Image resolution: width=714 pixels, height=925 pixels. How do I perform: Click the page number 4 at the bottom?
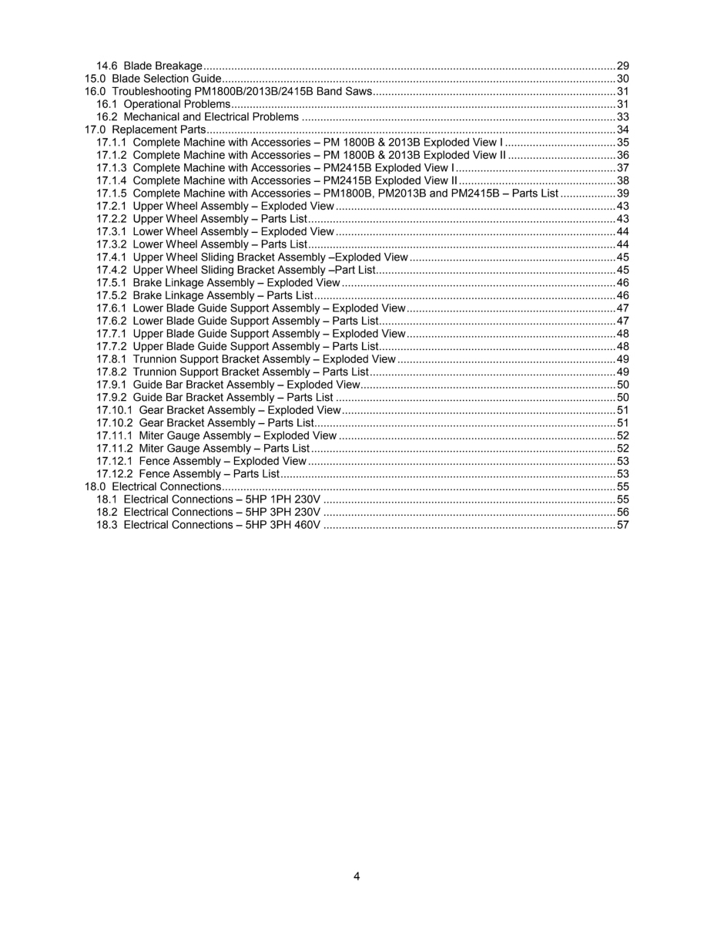pyautogui.click(x=357, y=876)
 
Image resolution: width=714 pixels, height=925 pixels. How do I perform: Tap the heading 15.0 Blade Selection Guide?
pyautogui.click(x=153, y=79)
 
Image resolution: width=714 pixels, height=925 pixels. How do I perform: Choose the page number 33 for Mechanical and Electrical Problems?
pyautogui.click(x=623, y=117)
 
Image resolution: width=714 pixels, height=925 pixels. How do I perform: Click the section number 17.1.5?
pyautogui.click(x=112, y=193)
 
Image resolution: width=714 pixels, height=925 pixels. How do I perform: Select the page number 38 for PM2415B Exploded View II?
pyautogui.click(x=623, y=180)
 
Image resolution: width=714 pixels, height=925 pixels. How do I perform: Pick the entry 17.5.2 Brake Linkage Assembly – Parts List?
pyautogui.click(x=204, y=295)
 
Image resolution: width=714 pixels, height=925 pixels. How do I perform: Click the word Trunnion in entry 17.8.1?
pyautogui.click(x=155, y=359)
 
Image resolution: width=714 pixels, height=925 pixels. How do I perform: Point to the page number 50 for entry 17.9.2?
pyautogui.click(x=623, y=397)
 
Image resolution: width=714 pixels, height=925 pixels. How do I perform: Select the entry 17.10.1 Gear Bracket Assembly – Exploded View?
pyautogui.click(x=219, y=410)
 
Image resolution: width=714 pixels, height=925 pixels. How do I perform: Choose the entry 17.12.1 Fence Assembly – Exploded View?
pyautogui.click(x=202, y=461)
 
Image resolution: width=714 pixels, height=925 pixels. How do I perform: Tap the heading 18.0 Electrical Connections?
pyautogui.click(x=153, y=486)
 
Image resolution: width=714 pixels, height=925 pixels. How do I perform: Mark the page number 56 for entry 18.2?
pyautogui.click(x=623, y=512)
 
